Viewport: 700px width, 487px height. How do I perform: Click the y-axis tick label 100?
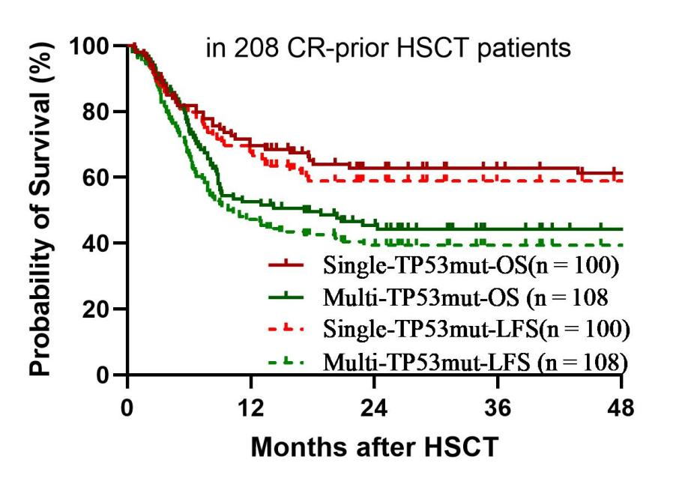coord(91,46)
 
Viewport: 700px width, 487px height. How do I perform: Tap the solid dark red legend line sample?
coord(286,264)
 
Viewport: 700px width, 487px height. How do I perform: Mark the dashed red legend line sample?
coord(286,330)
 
